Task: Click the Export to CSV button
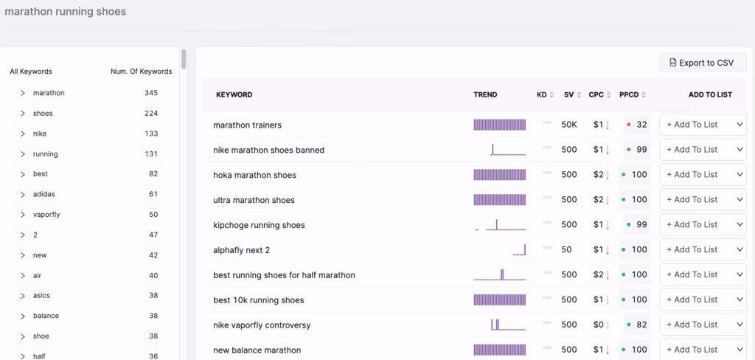(703, 63)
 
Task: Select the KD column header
(542, 94)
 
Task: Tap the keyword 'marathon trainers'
(247, 125)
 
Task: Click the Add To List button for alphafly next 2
(692, 249)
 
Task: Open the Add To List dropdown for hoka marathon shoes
(740, 175)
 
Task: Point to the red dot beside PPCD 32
(628, 125)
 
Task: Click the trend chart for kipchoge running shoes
(500, 224)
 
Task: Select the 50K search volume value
(569, 125)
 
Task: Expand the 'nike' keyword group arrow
(23, 134)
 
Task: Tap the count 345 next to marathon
(151, 93)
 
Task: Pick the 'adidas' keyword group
(44, 194)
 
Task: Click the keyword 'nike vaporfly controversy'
(262, 325)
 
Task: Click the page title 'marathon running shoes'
(66, 12)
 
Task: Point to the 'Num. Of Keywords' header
(141, 72)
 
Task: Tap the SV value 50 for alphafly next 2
(566, 249)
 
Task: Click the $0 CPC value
(598, 325)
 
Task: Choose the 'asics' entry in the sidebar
(42, 295)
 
